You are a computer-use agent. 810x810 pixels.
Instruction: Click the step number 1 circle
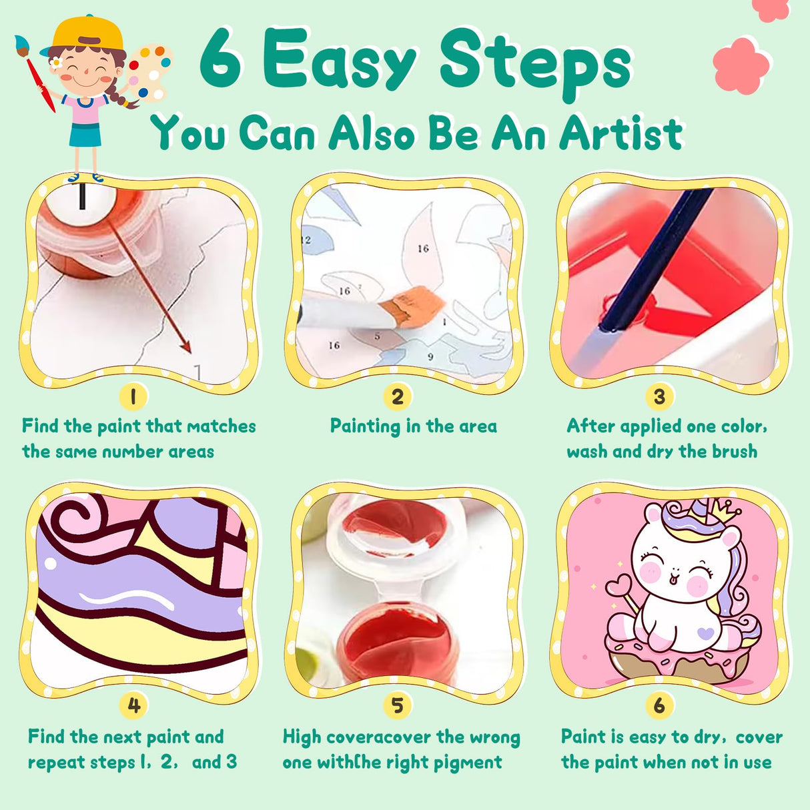coord(133,397)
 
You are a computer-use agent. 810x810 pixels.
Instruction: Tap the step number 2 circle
coord(397,397)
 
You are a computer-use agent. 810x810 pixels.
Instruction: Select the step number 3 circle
coord(659,397)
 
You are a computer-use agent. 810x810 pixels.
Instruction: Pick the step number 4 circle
coord(133,705)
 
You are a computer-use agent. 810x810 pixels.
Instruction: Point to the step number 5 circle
coord(397,705)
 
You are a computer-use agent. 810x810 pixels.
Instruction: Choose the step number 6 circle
coord(659,705)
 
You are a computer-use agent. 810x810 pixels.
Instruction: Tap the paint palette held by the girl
coord(148,70)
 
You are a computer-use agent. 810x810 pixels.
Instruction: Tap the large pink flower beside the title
coord(741,65)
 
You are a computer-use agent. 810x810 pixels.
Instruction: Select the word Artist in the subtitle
coord(621,133)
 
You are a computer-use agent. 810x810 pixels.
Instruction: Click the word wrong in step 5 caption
coord(494,737)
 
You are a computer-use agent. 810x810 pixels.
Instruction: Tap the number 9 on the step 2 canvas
coord(430,356)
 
